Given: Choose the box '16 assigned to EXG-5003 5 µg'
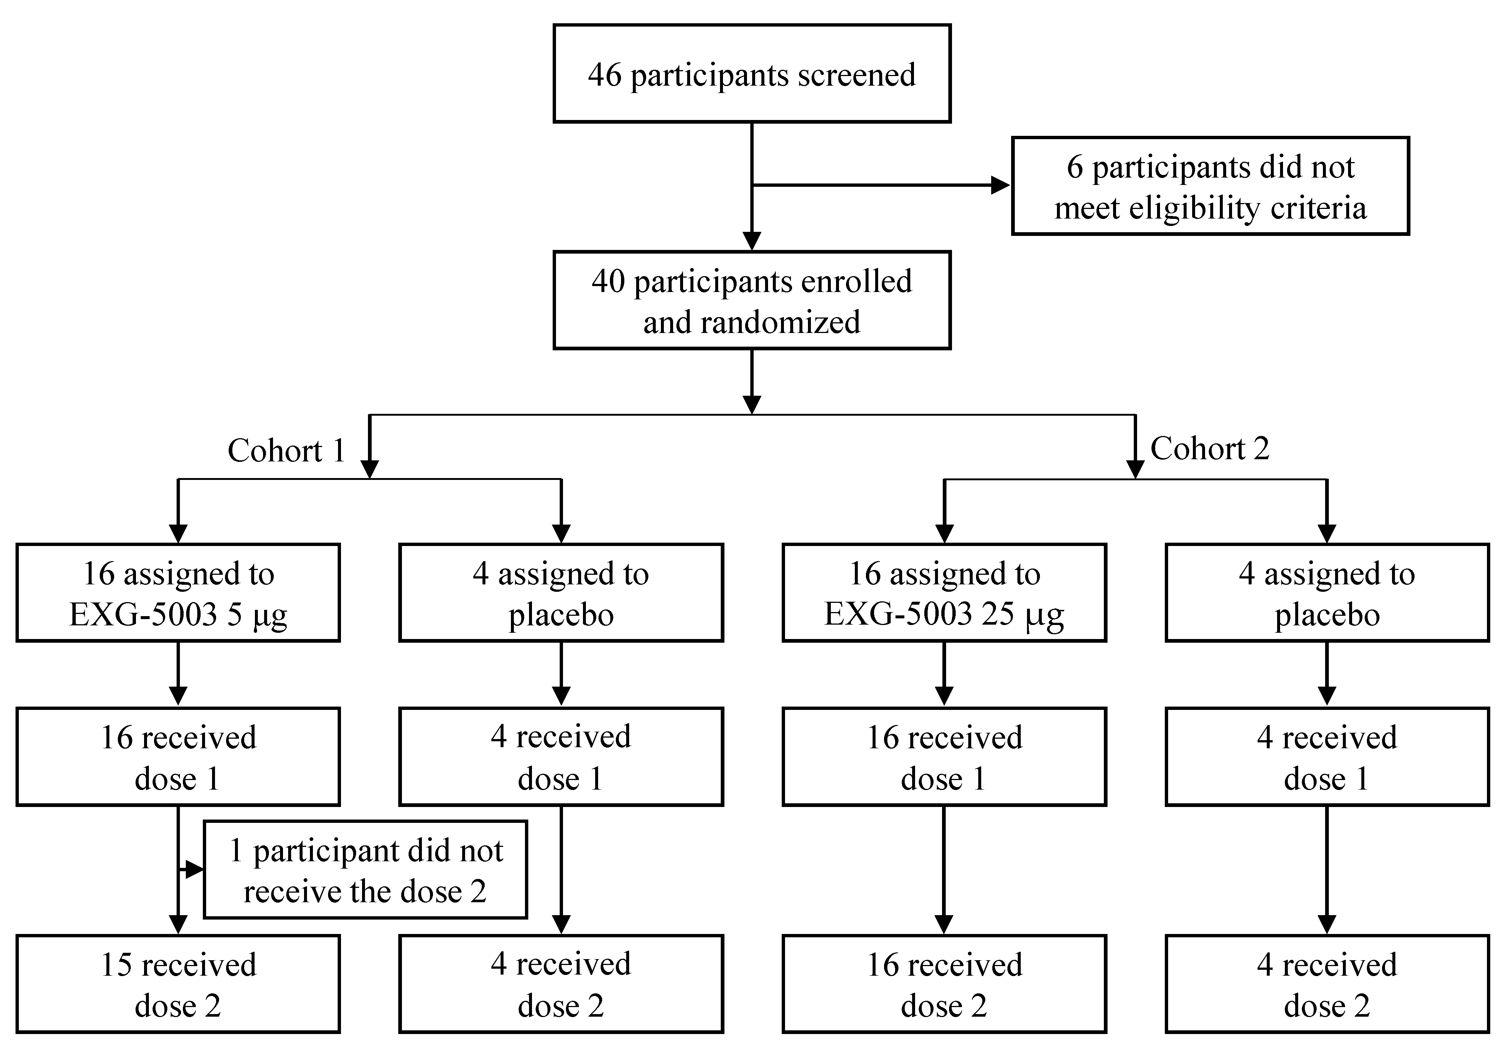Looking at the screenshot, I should pos(178,593).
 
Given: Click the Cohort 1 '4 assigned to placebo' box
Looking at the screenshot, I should pos(561,593).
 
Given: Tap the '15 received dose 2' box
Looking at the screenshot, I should pos(178,983).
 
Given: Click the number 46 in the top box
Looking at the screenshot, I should pos(604,75).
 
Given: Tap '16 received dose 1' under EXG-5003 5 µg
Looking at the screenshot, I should pos(178,756).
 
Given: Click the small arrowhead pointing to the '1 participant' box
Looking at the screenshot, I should pos(194,870).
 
